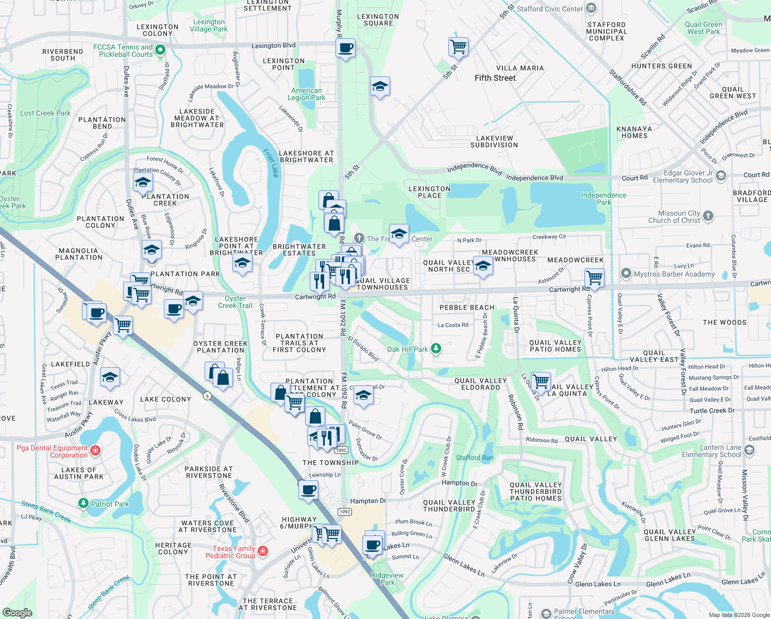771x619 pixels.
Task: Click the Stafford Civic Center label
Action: coord(549,9)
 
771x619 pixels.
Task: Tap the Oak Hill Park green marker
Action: coord(436,349)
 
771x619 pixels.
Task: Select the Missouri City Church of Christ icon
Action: coord(708,216)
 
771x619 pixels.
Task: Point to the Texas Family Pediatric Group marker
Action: coord(263,551)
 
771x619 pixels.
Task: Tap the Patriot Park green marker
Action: coord(83,503)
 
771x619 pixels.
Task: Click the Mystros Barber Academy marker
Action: coord(626,273)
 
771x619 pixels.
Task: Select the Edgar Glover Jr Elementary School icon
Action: coord(721,176)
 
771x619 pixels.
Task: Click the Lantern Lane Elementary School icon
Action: coord(749,450)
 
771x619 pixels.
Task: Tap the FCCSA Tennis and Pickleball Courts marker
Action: coord(160,50)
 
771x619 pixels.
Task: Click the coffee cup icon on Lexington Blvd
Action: coord(345,48)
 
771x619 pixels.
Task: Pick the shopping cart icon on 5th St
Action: coord(458,47)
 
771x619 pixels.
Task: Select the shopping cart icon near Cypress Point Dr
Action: coord(594,278)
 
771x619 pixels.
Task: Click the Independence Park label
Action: coord(604,199)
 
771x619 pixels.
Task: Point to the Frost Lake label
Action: coord(271,163)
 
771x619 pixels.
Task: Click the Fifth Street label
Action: coord(495,78)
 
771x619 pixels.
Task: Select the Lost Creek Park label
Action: coord(45,113)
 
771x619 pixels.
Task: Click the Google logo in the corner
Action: coord(18,612)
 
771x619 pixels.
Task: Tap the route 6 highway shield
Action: coord(207,396)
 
